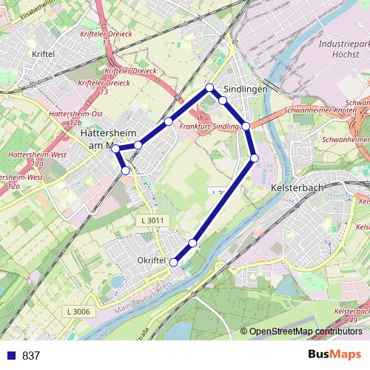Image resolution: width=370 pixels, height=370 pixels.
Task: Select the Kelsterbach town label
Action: (298, 188)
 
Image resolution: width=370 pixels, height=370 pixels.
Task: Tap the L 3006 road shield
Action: (76, 312)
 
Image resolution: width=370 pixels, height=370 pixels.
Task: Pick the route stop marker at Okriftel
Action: (175, 262)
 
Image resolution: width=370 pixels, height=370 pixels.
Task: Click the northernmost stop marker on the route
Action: (209, 88)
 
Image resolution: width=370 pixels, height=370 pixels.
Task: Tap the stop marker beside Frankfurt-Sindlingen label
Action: (246, 126)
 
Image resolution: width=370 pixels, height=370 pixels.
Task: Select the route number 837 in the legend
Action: (31, 356)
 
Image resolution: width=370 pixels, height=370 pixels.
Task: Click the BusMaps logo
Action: (333, 355)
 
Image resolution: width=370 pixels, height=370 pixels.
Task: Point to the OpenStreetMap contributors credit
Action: (305, 332)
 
